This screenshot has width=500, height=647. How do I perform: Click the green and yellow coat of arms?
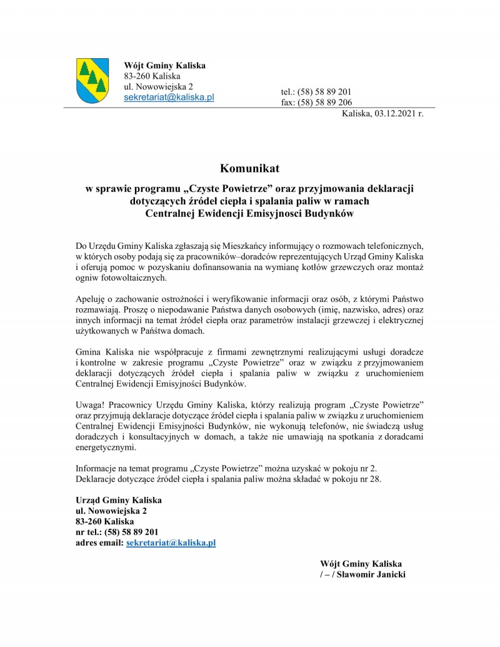coord(92,81)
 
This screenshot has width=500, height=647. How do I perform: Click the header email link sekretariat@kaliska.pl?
coord(169,98)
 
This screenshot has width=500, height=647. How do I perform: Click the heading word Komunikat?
coord(249,168)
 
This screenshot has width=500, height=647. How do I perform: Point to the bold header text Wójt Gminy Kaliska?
coord(165,66)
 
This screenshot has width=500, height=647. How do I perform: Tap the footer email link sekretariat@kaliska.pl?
coord(171,543)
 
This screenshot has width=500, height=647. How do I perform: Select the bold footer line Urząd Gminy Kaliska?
coord(118,501)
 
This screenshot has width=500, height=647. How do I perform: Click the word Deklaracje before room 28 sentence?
coord(97,479)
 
